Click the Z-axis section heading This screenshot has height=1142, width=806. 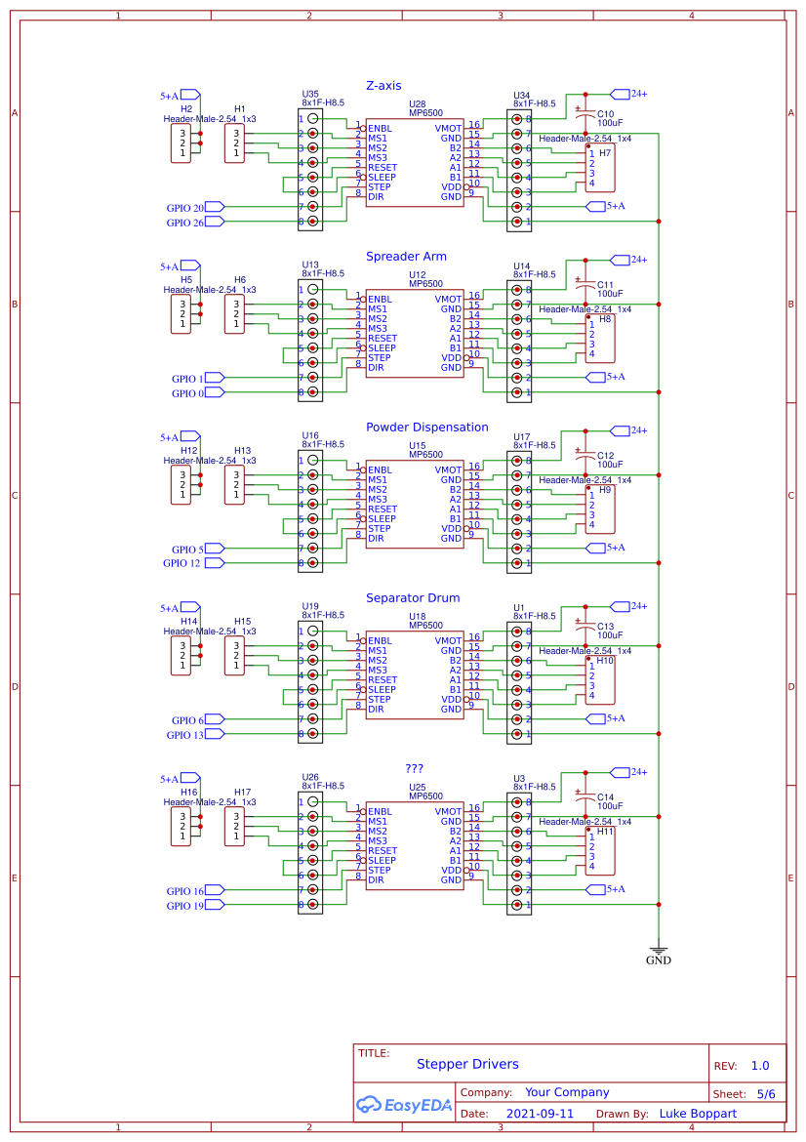[383, 86]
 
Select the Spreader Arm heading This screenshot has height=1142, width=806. [406, 257]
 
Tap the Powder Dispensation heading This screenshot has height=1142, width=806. [426, 428]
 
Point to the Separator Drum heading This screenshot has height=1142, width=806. [413, 598]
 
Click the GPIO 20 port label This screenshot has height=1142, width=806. [185, 208]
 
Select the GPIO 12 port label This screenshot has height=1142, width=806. [182, 563]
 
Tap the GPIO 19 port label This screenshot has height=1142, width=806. [185, 906]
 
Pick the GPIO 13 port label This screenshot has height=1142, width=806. [185, 735]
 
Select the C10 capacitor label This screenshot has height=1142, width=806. [605, 113]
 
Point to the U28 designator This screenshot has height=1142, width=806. [417, 103]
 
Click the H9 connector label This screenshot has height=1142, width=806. [605, 490]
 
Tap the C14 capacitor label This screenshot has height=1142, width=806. [605, 796]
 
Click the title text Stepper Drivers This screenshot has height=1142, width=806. [467, 1064]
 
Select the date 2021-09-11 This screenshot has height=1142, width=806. [540, 1114]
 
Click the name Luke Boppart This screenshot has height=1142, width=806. [698, 1114]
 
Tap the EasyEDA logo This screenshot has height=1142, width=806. [403, 1105]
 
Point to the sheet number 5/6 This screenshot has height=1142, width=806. [765, 1094]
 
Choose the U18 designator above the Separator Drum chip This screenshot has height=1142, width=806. [417, 616]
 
